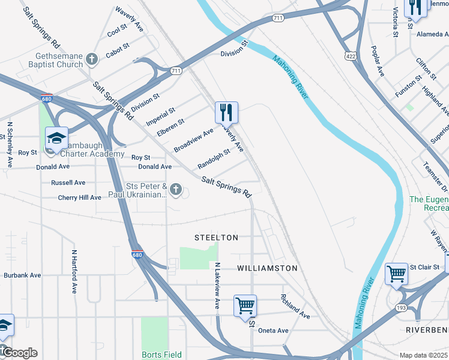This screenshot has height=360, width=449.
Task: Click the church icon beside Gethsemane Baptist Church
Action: [x=92, y=58]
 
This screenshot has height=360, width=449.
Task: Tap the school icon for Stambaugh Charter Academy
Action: [x=56, y=138]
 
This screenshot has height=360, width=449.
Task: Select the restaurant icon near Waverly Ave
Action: [x=226, y=112]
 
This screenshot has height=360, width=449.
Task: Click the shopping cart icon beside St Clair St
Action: [x=396, y=274]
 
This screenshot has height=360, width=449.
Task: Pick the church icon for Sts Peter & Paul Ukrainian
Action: [x=175, y=190]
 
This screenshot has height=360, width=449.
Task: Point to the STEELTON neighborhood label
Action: [x=216, y=238]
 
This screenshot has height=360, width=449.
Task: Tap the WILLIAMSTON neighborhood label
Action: [x=267, y=268]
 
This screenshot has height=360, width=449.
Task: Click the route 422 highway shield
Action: [x=349, y=56]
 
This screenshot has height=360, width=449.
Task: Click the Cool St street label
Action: [x=117, y=30]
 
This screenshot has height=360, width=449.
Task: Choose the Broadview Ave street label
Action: [x=193, y=140]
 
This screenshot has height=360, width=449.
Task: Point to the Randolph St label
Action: [x=214, y=159]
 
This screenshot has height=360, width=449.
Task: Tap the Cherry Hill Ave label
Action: [x=80, y=197]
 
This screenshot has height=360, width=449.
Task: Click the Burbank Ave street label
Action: [x=22, y=275]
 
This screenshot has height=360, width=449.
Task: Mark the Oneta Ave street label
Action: [x=274, y=331]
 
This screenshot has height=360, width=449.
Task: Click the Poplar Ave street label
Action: [x=378, y=61]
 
